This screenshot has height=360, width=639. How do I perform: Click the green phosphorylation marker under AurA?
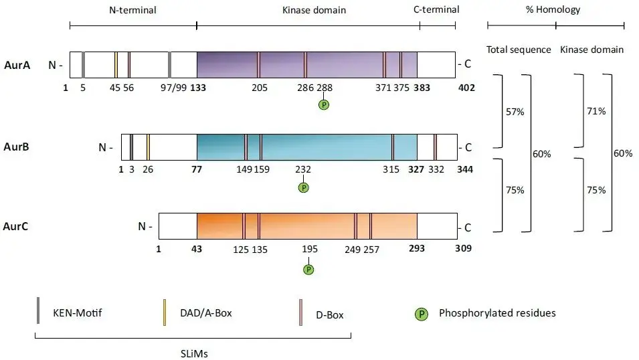[324, 104]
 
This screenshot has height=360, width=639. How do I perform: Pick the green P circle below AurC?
[308, 269]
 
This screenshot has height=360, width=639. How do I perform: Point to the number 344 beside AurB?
[464, 169]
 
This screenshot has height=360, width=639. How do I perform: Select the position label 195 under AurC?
[310, 249]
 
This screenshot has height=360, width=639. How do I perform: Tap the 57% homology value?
[515, 111]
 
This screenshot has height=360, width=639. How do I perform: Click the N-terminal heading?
[132, 10]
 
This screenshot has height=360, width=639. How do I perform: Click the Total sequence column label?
[519, 50]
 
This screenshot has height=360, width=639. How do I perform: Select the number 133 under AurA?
[197, 87]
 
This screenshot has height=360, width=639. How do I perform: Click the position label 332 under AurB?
[436, 169]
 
